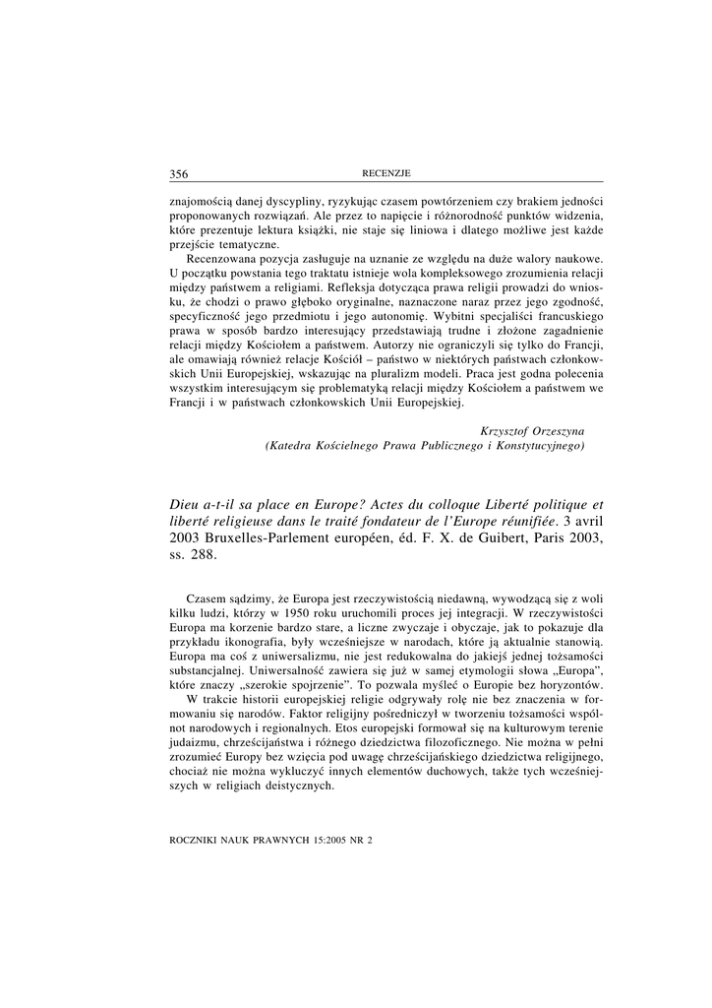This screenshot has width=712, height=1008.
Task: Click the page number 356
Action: (178, 174)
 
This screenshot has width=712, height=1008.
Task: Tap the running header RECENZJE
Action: (386, 174)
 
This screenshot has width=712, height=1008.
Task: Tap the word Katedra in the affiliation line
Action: (297, 446)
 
